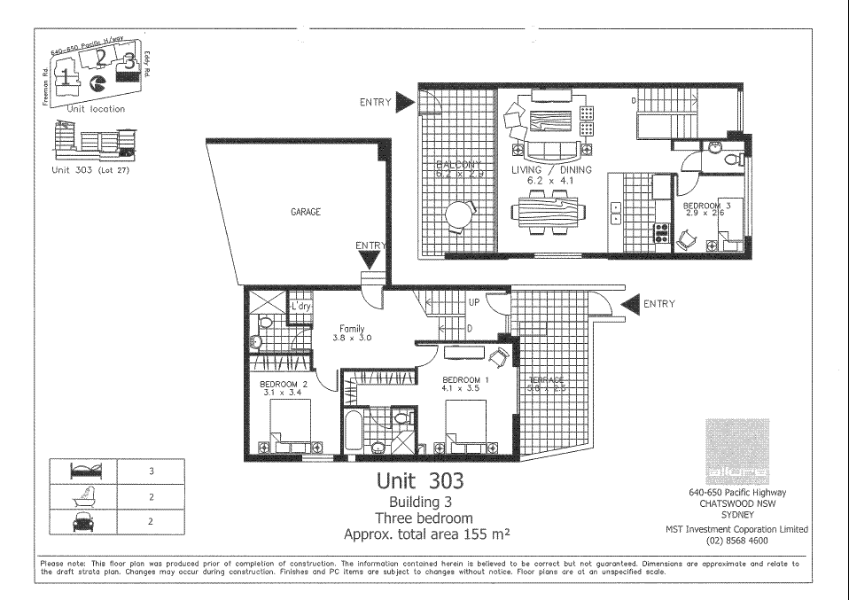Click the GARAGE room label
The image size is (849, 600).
pos(305,213)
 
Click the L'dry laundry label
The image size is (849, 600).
pos(303,307)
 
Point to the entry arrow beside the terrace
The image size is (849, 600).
pos(630,305)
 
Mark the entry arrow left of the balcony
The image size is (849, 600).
pos(405,102)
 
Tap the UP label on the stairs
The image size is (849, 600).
pos(474,302)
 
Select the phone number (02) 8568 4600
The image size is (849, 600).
pos(736,540)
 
